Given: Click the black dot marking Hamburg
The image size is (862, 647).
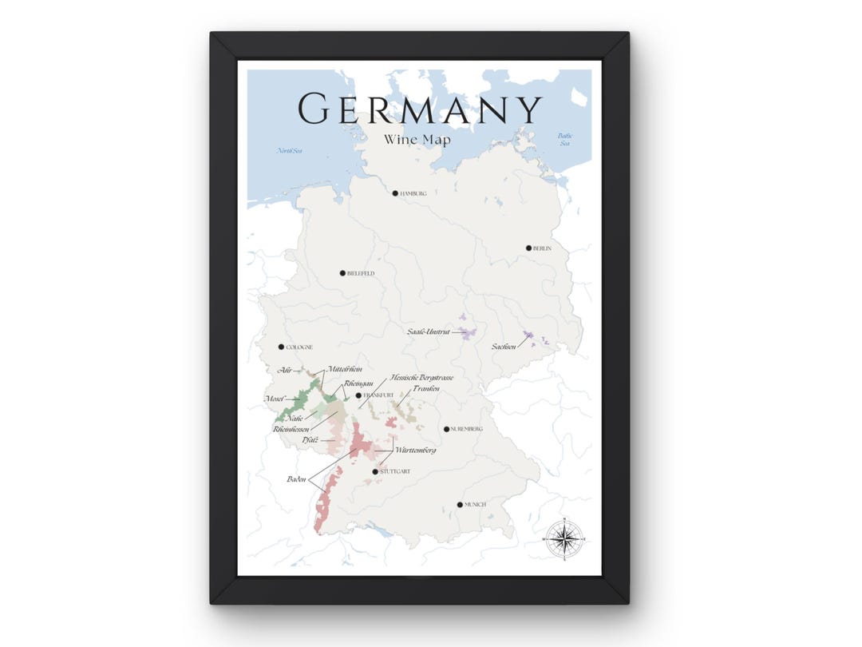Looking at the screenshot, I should (394, 193).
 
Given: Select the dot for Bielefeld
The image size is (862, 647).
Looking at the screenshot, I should (342, 272).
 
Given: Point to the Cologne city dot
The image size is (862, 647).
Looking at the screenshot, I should (281, 347).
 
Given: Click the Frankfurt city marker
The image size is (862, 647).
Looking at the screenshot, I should (358, 395).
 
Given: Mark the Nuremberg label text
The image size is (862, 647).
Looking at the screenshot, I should (467, 430).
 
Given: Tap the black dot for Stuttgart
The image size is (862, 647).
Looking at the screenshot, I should (375, 471).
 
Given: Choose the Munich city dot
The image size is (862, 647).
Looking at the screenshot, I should (459, 504).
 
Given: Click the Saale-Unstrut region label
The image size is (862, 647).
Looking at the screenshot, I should (429, 331).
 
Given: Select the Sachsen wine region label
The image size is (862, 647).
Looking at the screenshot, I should (503, 347).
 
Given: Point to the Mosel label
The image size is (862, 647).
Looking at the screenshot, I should (275, 398).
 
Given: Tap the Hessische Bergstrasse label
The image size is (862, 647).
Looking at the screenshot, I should (421, 377).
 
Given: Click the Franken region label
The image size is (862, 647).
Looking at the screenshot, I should (425, 388).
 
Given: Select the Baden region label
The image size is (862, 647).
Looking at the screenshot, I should (297, 478).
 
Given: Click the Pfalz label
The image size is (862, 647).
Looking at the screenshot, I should (310, 439).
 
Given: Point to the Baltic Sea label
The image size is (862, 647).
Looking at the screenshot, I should (565, 140).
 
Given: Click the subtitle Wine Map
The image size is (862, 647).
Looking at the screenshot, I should (417, 140).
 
